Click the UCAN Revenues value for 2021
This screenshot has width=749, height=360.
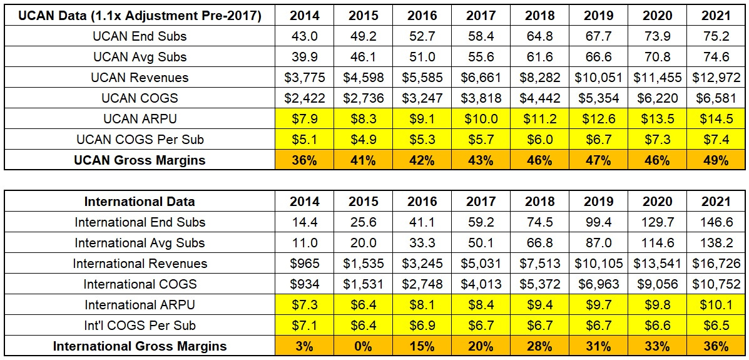tap(716, 78)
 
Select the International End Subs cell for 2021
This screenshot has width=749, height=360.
tap(716, 222)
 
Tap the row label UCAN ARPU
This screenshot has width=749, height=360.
tap(140, 119)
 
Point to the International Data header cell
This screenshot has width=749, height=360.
tap(140, 202)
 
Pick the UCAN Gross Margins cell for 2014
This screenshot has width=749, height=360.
tap(304, 160)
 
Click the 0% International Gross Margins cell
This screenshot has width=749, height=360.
tap(363, 346)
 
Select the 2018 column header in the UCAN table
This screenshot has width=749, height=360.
tap(539, 15)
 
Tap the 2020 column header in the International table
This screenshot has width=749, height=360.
tap(657, 202)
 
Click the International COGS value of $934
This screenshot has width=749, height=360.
tap(304, 284)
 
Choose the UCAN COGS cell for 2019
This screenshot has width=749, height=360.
tap(598, 98)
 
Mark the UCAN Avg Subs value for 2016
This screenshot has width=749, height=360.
tap(422, 57)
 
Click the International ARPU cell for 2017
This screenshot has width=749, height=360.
tap(481, 305)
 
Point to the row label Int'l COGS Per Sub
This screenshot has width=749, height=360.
tap(140, 326)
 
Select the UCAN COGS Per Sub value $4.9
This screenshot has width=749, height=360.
tap(363, 140)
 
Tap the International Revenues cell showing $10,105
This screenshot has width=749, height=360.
tap(598, 264)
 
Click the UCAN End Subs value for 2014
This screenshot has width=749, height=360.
tap(304, 36)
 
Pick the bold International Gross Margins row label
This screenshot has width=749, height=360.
tap(140, 346)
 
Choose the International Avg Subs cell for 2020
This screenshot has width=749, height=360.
tap(657, 243)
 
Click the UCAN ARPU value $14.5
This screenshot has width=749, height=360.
tap(716, 119)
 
